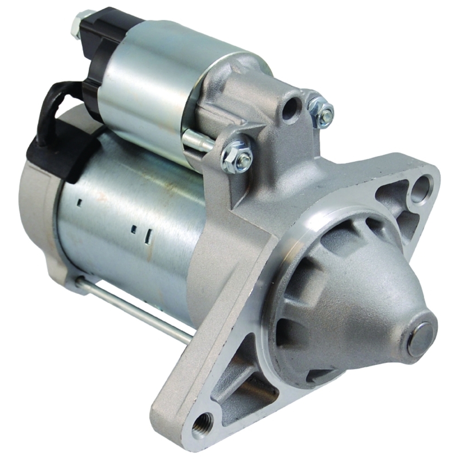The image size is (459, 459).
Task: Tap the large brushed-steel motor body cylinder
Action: (133, 239)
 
